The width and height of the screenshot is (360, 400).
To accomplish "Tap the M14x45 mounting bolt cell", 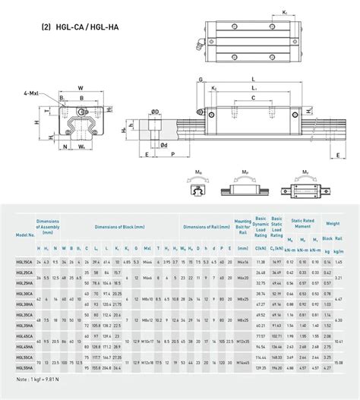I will tap(243, 362).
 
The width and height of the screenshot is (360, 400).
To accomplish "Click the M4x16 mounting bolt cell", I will tap(243, 261).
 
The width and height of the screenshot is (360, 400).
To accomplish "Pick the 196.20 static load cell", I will tap(277, 367).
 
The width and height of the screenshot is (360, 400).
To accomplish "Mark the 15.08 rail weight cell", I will tap(338, 362).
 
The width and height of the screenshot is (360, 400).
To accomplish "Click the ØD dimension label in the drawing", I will tap(155, 112).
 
